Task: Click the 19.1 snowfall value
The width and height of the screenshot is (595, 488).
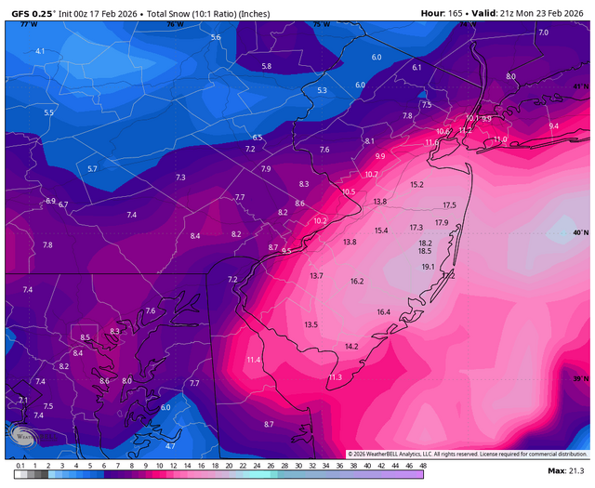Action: (x=429, y=267)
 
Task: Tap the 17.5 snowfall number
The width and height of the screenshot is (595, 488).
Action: (x=449, y=205)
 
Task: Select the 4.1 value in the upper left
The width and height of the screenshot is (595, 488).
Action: (x=40, y=51)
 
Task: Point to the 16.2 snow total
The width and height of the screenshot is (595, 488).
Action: (x=357, y=282)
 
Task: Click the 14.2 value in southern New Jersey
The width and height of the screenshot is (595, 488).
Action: (x=351, y=346)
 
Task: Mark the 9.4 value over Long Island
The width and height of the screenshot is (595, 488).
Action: (x=554, y=125)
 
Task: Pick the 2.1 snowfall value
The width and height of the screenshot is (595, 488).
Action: (x=23, y=399)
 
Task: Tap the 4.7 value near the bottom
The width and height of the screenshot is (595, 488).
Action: (x=170, y=446)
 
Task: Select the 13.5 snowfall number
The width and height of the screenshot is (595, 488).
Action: (x=311, y=324)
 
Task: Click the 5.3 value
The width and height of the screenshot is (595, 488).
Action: (x=323, y=90)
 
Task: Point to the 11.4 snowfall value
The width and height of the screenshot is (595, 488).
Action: (x=254, y=360)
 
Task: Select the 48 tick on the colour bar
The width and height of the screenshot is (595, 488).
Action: (x=423, y=465)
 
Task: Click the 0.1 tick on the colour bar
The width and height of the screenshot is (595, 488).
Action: (x=20, y=465)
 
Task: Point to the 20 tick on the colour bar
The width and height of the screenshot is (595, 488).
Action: (x=229, y=465)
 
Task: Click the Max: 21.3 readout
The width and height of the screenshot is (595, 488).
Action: (x=567, y=474)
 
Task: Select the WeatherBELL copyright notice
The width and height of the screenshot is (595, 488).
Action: (x=468, y=454)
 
